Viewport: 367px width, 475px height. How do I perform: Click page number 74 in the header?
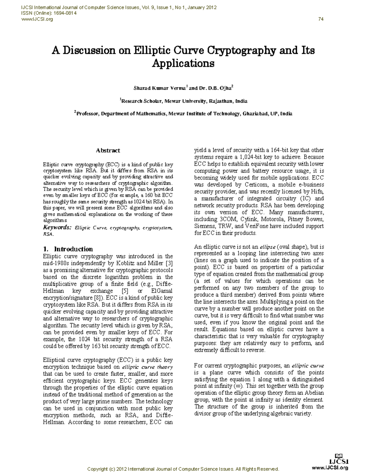tap(321, 19)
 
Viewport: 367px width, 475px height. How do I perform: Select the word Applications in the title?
tap(183, 64)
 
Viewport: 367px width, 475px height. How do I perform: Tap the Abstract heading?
tap(108, 150)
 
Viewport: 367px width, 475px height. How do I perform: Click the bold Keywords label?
tap(57, 228)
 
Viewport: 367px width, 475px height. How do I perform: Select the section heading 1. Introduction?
tap(68, 249)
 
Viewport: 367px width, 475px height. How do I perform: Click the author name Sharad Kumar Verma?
tap(159, 88)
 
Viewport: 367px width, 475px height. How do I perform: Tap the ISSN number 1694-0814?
tap(65, 13)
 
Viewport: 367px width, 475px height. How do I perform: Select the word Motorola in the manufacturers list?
tap(272, 219)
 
